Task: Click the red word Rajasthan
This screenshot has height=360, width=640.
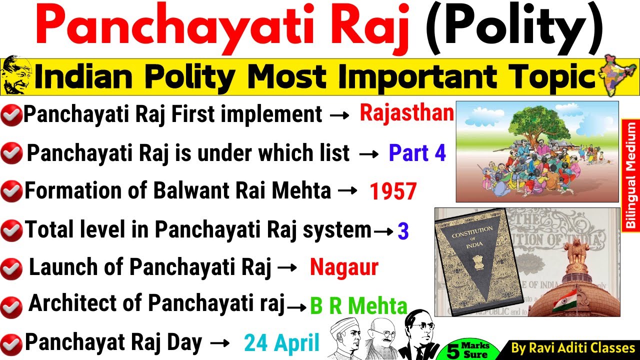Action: point(406,113)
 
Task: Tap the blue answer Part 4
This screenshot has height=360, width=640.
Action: point(417,153)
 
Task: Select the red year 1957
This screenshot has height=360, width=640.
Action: point(393,192)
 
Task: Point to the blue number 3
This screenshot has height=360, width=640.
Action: point(403,231)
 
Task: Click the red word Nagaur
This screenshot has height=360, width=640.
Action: point(344,268)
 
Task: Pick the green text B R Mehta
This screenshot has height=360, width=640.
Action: point(358,306)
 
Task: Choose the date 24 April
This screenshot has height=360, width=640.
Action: point(281,343)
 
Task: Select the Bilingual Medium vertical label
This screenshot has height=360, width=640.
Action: point(630,175)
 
